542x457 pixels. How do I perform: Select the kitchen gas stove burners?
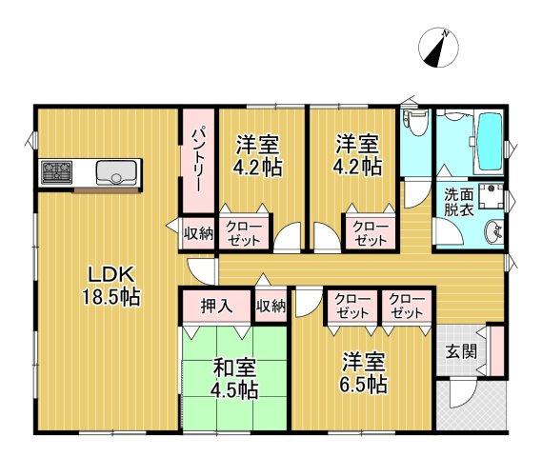coord(55,173)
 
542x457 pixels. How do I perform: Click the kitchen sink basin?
coord(117,173)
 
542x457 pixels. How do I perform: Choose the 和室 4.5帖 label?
coord(234,378)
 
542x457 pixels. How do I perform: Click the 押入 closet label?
coord(216,308)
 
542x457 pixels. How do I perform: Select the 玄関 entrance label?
coord(458,350)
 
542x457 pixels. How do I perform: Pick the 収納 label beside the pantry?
coord(198,231)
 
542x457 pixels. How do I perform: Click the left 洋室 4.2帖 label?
coord(258,155)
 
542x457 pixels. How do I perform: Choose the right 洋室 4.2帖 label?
coord(358,155)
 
